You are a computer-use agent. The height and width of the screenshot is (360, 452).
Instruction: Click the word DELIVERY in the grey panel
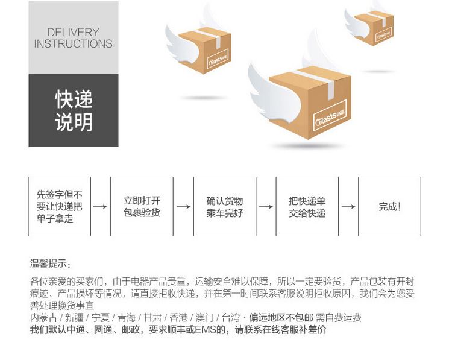(73, 32)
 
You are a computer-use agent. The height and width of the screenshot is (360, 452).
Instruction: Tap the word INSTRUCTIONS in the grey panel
(73, 44)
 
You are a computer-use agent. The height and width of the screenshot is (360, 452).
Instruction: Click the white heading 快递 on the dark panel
(74, 99)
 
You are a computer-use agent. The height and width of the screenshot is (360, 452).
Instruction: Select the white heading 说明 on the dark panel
(74, 122)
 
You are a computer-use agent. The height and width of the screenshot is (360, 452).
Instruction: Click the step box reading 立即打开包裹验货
(142, 207)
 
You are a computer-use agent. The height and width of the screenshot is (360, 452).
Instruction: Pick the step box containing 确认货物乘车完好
(225, 207)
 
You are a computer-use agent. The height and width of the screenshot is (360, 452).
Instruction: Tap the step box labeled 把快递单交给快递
(307, 207)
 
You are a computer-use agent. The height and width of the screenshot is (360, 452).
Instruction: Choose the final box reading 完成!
(389, 207)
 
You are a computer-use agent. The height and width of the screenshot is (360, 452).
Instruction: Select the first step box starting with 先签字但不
(60, 207)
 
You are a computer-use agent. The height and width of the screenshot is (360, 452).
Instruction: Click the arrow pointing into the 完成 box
(348, 207)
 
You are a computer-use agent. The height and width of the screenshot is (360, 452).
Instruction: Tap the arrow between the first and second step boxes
(100, 207)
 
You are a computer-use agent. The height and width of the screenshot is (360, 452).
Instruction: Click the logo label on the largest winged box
(330, 115)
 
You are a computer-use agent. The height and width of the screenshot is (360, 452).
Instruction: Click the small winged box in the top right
(369, 25)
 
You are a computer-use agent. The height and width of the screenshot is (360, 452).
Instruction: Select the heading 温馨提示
(50, 264)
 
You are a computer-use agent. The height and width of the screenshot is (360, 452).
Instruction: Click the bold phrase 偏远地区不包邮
(281, 318)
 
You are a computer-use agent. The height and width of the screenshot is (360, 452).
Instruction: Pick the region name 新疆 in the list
(74, 318)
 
